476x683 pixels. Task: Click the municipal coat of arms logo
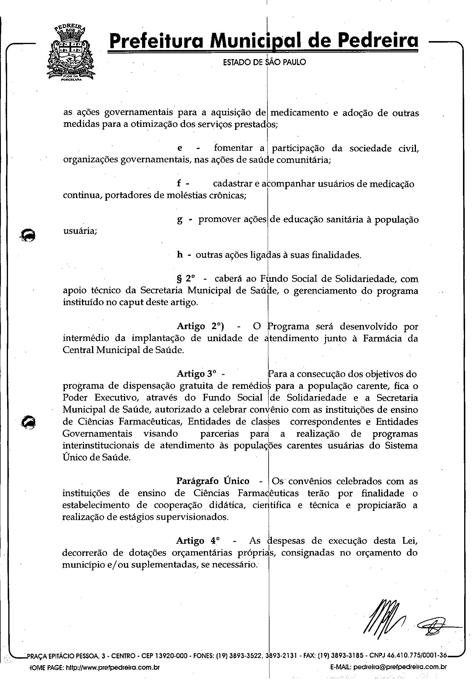pos(70,53)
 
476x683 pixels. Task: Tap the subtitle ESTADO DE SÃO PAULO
pos(264,62)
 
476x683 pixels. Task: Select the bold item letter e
pos(180,148)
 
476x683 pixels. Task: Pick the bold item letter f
pos(179,184)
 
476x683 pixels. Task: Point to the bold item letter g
pos(180,220)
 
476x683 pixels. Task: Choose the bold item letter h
pos(180,255)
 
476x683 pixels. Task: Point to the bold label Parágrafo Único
pos(213,481)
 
